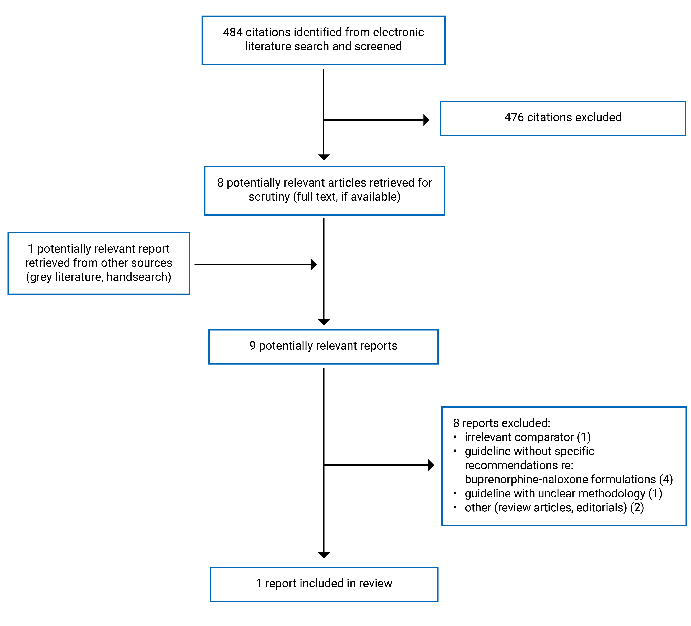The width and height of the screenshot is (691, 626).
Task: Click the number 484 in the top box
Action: coord(233,32)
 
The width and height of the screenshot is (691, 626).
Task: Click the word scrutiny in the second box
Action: coord(269,197)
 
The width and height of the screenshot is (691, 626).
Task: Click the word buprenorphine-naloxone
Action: coord(525,479)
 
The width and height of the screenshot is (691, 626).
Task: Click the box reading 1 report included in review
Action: coord(324,583)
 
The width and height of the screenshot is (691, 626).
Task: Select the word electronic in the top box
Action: coord(398,32)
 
